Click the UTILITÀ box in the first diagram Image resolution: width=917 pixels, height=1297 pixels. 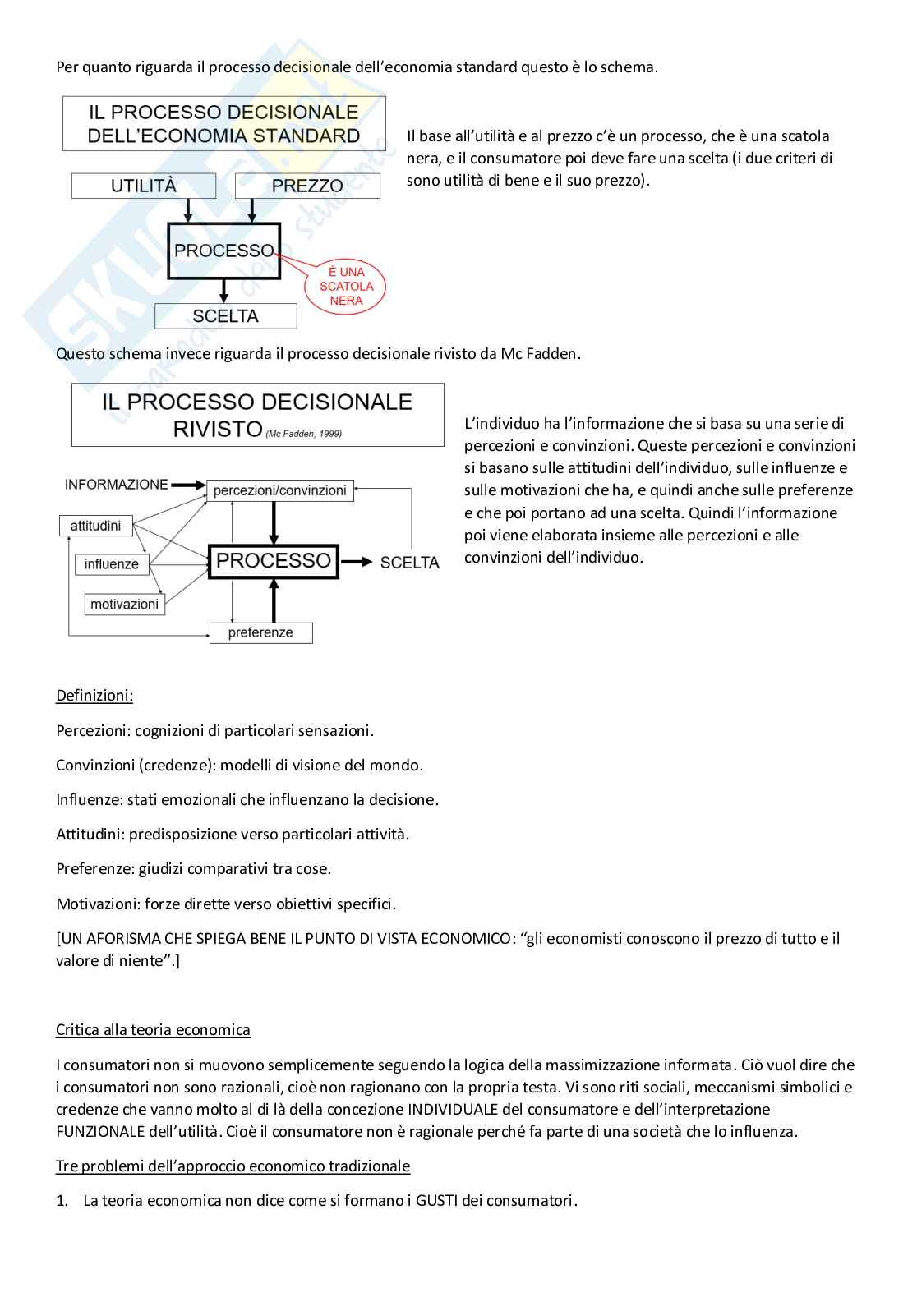click(x=143, y=186)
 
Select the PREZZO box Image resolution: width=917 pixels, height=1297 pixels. click(x=307, y=186)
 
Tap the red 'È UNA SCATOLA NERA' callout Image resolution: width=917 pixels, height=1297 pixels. click(x=346, y=286)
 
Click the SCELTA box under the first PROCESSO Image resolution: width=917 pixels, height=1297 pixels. click(x=225, y=316)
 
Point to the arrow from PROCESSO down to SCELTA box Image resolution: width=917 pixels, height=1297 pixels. click(x=224, y=291)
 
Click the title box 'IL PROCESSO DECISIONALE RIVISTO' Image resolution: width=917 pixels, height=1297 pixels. click(x=257, y=414)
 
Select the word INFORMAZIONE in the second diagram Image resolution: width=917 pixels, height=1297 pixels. click(x=117, y=485)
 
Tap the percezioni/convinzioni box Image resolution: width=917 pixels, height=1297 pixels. click(x=280, y=490)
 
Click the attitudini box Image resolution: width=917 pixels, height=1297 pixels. click(x=95, y=526)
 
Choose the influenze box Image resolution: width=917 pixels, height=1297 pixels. click(x=112, y=564)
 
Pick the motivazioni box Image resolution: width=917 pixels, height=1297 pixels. click(x=124, y=604)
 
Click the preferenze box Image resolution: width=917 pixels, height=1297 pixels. click(x=260, y=632)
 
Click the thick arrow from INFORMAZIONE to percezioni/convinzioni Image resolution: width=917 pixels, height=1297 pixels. click(x=187, y=486)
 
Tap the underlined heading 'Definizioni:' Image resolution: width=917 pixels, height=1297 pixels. click(x=94, y=696)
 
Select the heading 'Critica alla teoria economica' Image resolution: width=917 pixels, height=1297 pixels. click(x=153, y=1030)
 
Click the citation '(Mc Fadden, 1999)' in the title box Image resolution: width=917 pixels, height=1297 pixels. click(x=303, y=434)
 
